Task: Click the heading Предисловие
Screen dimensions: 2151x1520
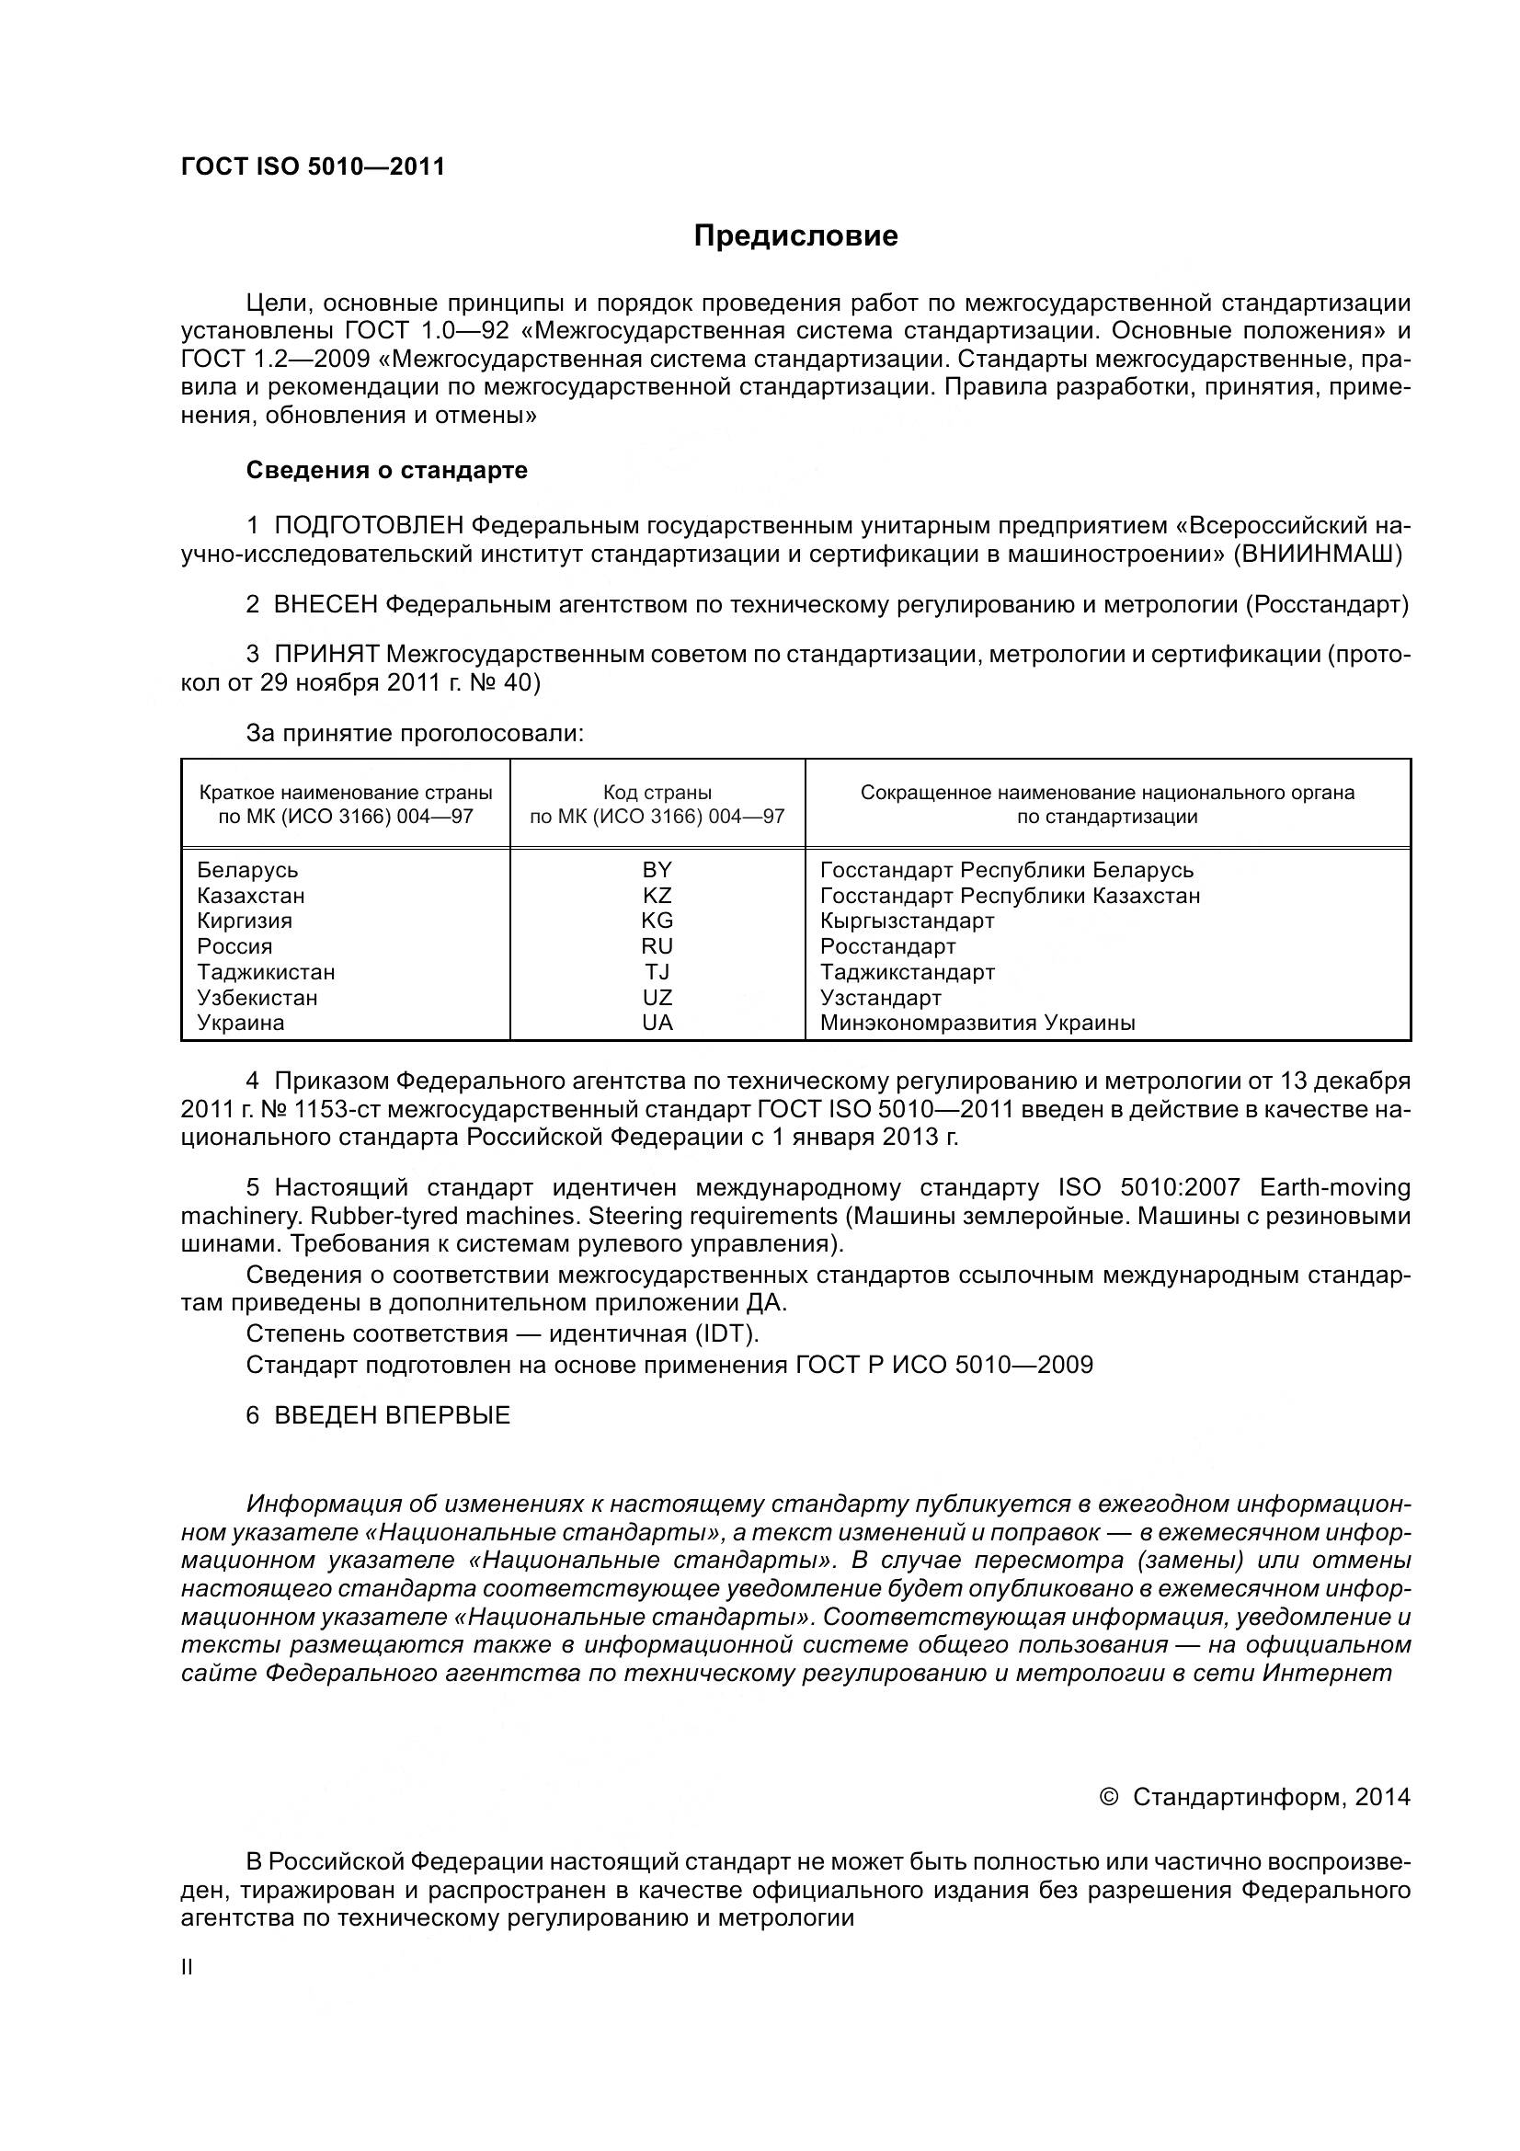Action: tap(795, 236)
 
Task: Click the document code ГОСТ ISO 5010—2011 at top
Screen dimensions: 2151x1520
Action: tap(313, 166)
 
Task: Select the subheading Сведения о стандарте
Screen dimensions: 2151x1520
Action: tap(387, 470)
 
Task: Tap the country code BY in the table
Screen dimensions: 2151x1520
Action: tap(657, 869)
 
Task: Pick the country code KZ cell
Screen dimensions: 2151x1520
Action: tap(657, 896)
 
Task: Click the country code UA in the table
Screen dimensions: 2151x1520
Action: tap(657, 1023)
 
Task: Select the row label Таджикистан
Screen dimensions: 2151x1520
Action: tap(266, 972)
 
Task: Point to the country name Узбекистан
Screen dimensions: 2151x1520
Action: tap(257, 998)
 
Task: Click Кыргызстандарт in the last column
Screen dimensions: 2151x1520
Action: tap(907, 921)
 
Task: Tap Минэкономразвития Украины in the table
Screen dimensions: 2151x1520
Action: tap(977, 1023)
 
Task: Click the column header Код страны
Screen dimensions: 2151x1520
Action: tap(657, 794)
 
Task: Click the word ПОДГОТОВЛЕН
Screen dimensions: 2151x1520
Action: tap(369, 527)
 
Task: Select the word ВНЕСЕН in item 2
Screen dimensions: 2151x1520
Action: tap(326, 605)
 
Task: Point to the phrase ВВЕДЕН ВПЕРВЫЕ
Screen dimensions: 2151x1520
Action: tap(392, 1415)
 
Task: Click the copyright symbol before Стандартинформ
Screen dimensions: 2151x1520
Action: tap(1108, 1797)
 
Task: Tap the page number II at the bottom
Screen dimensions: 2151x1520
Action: tap(188, 1967)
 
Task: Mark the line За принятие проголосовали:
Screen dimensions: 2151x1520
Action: tap(415, 734)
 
